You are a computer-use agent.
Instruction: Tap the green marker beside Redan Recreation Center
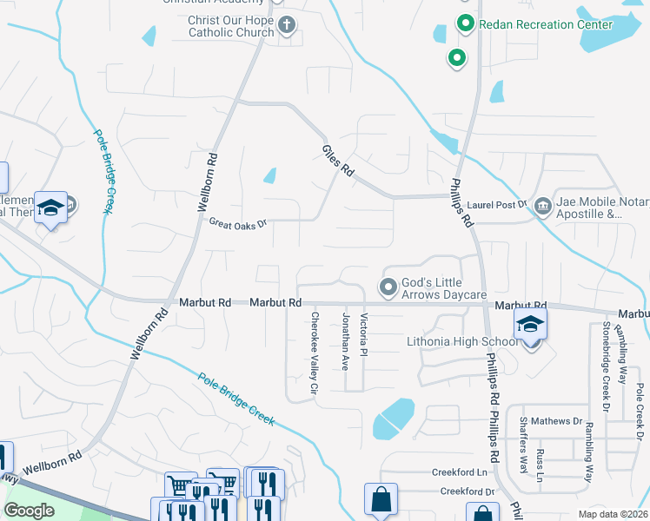coord(466,23)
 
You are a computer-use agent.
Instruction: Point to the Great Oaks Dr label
coord(236,223)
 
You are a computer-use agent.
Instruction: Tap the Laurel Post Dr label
coord(498,205)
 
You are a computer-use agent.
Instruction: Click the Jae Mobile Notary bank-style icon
coord(543,206)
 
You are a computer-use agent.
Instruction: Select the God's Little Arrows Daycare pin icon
coord(388,285)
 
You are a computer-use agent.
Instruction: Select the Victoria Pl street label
coord(365,340)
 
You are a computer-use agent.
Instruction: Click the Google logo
coord(30,510)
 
